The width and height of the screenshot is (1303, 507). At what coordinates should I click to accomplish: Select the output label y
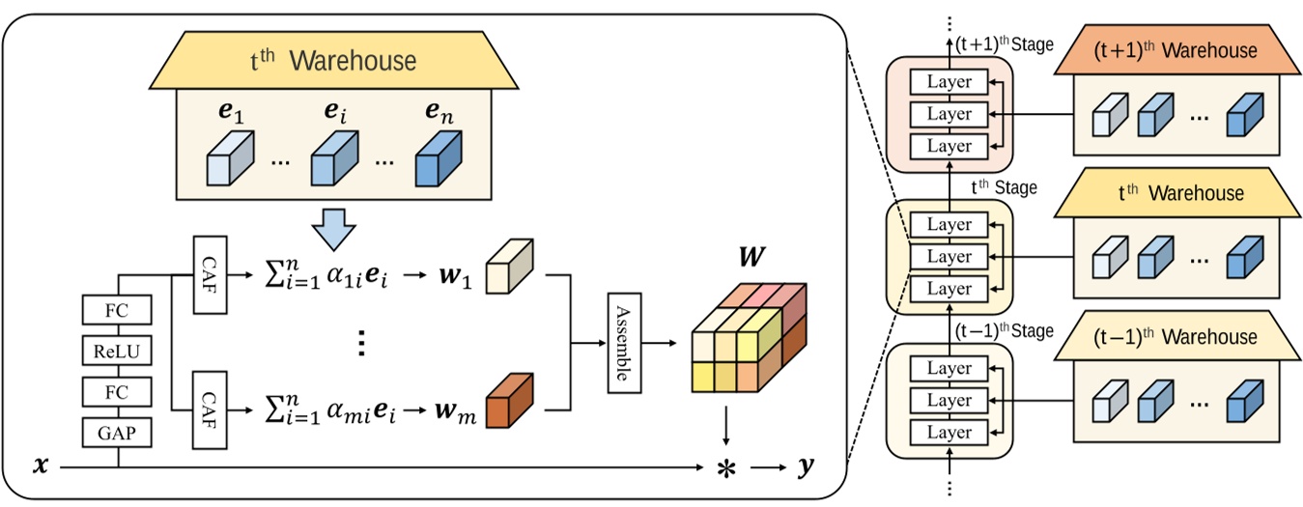(805, 467)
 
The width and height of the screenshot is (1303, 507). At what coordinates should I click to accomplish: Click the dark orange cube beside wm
(510, 401)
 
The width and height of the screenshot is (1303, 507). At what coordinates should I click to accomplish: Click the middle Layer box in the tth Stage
(949, 257)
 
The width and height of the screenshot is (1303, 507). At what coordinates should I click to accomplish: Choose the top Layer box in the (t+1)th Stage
(949, 82)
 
